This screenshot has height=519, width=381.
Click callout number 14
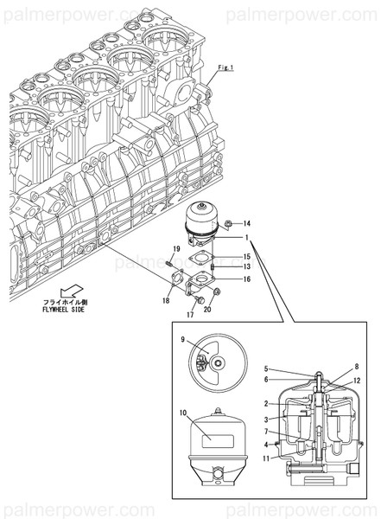coord(246,225)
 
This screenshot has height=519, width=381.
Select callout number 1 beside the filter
coord(246,238)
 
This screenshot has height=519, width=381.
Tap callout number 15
coord(246,257)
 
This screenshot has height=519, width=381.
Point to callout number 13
coord(246,267)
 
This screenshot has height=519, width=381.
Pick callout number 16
coord(246,279)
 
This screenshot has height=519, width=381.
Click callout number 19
coord(175,250)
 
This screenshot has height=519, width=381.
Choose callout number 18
coord(166,300)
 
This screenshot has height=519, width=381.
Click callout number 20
coord(207,309)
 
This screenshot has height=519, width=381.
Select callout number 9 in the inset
coord(183,354)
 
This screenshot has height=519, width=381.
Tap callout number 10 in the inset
coord(181,413)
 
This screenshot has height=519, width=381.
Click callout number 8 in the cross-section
coord(356,368)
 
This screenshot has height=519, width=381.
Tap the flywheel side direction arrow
coord(70,292)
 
